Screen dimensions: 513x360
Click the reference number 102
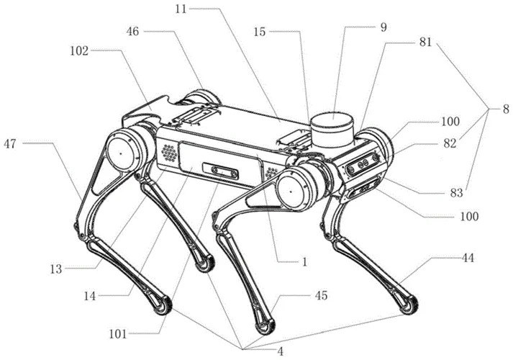pos(79,51)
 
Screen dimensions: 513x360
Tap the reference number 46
pos(133,32)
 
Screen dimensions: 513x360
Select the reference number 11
pos(181,9)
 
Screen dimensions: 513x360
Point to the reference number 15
pos(260,32)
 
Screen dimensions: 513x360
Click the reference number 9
pos(383,27)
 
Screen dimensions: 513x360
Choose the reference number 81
pos(425,42)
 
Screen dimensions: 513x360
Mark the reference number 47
pos(10,143)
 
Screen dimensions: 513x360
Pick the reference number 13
pos(56,269)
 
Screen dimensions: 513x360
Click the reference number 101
pos(118,334)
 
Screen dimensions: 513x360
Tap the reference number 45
pos(321,295)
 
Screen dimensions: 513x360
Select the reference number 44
pos(468,258)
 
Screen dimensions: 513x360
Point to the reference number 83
pos(456,193)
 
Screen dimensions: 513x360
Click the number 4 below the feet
pos(280,352)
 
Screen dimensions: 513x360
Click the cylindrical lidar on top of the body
pos(332,130)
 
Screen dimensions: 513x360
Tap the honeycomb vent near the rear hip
pos(170,153)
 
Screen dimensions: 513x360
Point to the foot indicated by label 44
pos(408,304)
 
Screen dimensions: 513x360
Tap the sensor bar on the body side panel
pos(220,171)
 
